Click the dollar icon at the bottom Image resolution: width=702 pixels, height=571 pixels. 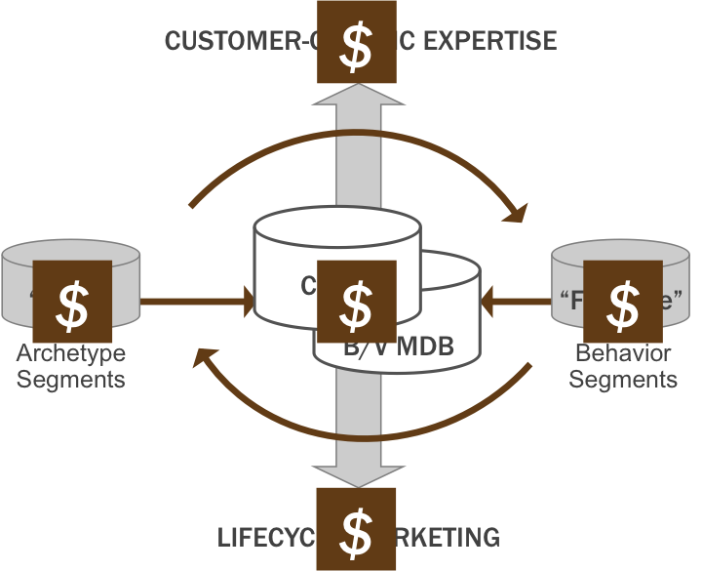(357, 529)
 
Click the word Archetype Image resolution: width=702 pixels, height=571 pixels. (70, 354)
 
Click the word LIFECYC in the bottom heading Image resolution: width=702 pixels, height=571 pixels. (265, 537)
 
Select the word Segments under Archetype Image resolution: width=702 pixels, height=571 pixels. (70, 379)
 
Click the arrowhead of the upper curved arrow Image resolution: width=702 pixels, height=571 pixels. (514, 211)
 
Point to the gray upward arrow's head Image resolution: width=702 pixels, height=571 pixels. (357, 94)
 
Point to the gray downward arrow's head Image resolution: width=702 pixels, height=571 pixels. (357, 475)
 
